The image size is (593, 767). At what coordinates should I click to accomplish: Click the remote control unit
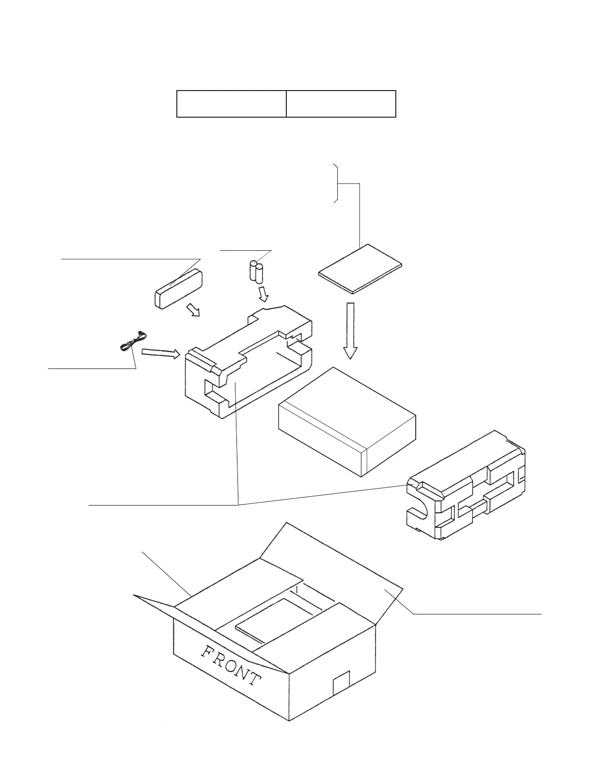(178, 290)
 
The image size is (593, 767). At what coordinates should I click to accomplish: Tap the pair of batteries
(256, 272)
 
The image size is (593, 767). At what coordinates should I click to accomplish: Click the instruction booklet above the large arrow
(360, 269)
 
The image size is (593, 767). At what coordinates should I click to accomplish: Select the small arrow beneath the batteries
(263, 293)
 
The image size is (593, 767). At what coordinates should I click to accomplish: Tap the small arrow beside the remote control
(194, 310)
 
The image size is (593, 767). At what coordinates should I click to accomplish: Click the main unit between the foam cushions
(347, 422)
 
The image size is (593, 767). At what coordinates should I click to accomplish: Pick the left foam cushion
(247, 363)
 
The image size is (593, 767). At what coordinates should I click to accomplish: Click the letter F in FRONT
(208, 651)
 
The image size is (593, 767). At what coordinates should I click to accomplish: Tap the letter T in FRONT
(253, 678)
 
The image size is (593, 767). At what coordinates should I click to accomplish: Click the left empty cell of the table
(231, 104)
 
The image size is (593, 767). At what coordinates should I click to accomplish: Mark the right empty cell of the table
(341, 104)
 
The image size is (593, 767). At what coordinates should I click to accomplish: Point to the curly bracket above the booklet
(337, 184)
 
